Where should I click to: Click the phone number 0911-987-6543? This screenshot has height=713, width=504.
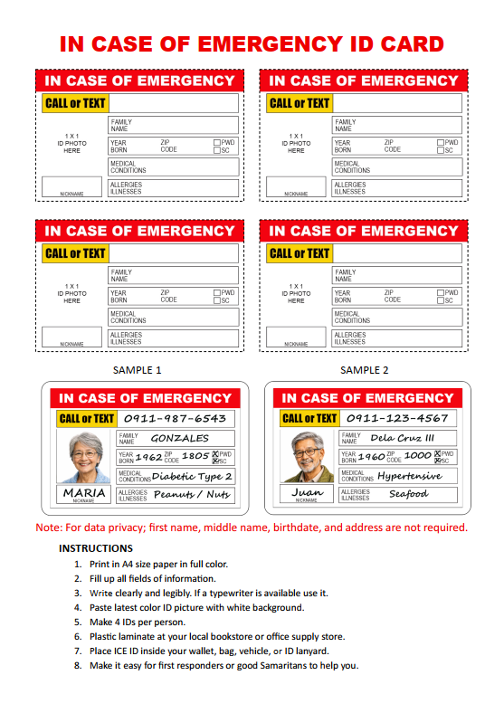[175, 419]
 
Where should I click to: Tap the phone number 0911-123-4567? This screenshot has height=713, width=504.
[397, 419]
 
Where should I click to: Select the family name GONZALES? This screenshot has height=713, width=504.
[179, 438]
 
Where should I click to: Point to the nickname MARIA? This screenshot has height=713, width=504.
[83, 492]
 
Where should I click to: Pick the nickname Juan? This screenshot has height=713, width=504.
[307, 492]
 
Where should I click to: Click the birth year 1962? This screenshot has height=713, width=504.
[148, 457]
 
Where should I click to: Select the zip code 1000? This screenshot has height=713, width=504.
[417, 457]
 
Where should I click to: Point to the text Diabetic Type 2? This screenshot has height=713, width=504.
[192, 476]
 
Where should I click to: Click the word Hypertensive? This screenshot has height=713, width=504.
[409, 476]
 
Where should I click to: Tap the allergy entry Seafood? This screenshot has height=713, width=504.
[408, 494]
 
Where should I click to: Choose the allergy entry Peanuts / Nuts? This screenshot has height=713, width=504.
[192, 495]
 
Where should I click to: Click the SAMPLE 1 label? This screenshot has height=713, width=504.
[138, 370]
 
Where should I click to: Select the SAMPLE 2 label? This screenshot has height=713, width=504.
[364, 370]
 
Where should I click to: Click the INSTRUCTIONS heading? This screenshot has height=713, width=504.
[96, 548]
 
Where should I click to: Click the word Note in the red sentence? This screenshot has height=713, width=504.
[49, 528]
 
